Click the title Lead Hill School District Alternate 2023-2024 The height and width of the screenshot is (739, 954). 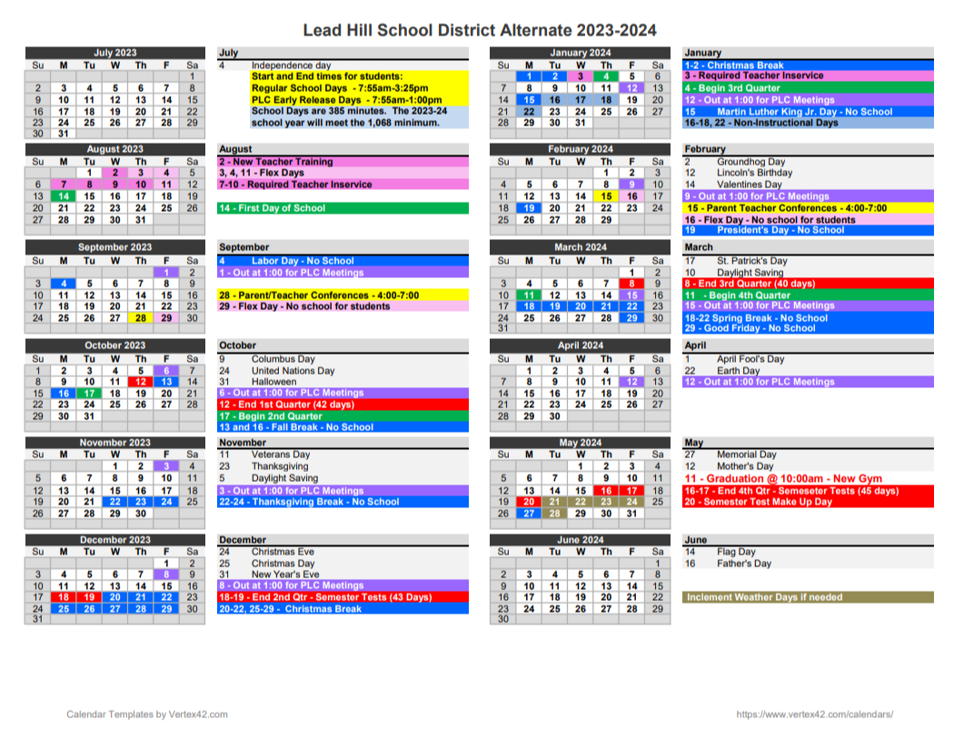(479, 31)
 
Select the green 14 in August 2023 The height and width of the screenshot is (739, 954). (64, 195)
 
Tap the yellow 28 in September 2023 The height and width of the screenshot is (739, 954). (141, 317)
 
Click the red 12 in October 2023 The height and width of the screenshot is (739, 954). (141, 382)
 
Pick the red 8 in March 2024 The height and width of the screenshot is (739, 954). (631, 284)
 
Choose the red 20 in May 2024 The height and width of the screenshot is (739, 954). (529, 502)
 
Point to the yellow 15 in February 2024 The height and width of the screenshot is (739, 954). (605, 195)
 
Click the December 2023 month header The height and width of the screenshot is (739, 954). (115, 540)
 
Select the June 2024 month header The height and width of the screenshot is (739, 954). (580, 540)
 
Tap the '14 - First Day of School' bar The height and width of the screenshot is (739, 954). (343, 208)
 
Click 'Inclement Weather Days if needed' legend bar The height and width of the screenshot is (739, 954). (808, 597)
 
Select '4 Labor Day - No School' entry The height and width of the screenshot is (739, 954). (343, 261)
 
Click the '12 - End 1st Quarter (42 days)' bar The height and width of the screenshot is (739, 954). (343, 404)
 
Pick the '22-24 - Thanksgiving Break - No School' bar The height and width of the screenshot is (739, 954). (343, 502)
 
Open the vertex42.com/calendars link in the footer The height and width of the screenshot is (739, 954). (814, 714)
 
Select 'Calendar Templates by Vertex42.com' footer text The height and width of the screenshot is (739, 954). (147, 714)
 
